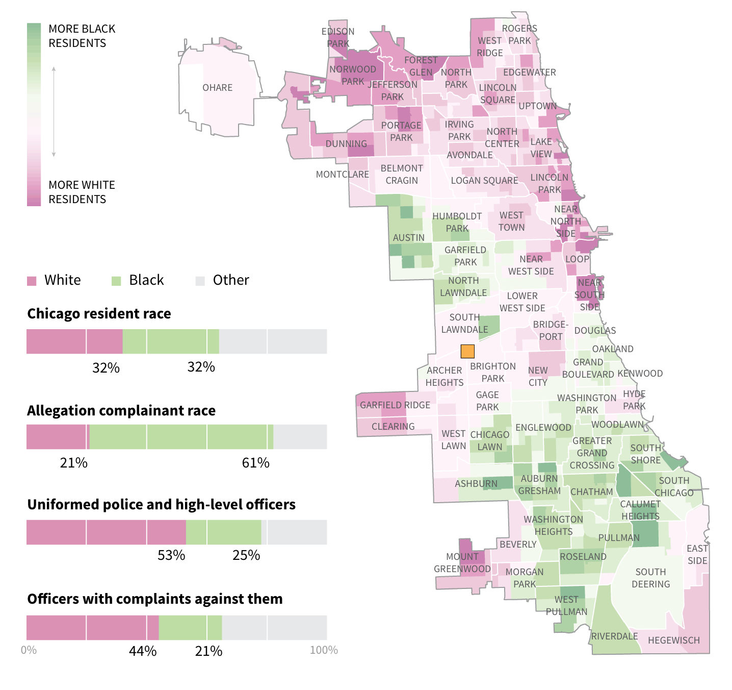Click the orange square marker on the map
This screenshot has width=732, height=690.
467,351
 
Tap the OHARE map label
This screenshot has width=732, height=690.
217,88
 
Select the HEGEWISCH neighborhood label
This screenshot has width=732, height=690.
673,640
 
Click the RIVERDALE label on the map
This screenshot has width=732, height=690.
614,636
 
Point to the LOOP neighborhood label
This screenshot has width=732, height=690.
577,259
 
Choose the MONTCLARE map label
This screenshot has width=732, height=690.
342,175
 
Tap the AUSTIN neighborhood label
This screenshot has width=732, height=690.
408,237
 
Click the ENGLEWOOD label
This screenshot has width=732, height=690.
543,428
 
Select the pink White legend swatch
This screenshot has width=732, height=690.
32,281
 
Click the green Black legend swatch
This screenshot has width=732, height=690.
116,281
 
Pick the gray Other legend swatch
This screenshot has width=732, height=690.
200,281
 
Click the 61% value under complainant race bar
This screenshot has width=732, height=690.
255,463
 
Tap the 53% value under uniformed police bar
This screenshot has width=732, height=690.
171,555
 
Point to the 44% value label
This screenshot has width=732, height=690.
143,651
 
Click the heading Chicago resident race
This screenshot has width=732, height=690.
99,313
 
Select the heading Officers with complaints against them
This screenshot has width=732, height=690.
154,599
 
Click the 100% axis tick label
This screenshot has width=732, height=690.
324,650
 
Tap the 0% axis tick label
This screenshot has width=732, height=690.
29,650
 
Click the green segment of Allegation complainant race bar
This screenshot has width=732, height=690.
181,437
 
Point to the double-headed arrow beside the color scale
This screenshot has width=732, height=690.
54,111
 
